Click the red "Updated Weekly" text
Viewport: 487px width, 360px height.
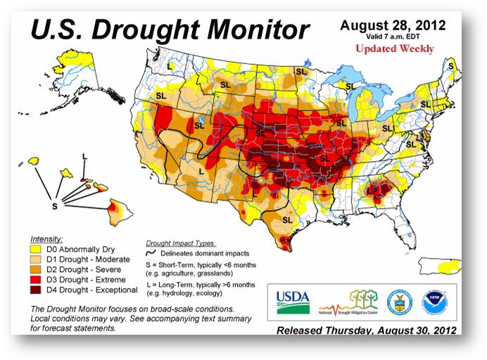point(393,49)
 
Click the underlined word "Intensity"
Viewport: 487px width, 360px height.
point(47,239)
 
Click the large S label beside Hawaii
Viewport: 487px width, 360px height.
point(54,205)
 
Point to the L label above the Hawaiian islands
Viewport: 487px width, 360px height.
point(84,156)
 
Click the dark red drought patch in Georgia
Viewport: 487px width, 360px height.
point(379,189)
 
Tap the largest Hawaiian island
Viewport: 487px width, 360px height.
point(116,207)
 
